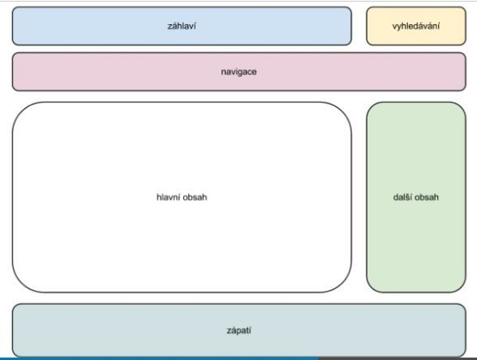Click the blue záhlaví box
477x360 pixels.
coord(182,26)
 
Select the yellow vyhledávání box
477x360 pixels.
coord(416,26)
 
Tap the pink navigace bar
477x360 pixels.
coord(239,71)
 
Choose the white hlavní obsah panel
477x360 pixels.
coord(182,197)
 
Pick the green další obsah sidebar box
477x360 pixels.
coord(416,197)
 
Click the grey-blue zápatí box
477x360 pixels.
coord(239,331)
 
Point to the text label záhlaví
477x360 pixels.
coord(182,26)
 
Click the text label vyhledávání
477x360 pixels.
coord(416,27)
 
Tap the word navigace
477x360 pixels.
coord(238,72)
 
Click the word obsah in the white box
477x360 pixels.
coord(196,197)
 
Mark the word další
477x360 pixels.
coord(402,197)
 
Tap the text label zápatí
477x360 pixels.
coord(239,331)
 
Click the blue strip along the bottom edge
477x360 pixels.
coord(159,358)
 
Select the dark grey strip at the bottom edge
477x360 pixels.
coord(397,358)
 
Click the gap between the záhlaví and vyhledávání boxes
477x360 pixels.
coord(359,26)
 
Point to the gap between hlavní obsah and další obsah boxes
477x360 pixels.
coord(359,197)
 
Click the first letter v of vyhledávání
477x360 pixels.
coord(394,27)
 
